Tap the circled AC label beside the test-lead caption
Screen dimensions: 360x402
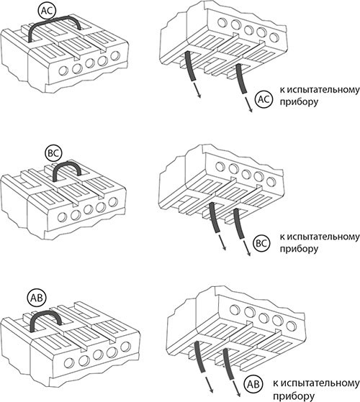(264, 99)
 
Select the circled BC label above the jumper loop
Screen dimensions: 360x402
(53, 153)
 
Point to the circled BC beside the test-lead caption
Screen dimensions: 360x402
(261, 243)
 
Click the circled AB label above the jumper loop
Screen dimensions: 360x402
(37, 298)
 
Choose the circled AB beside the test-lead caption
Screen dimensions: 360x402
(253, 384)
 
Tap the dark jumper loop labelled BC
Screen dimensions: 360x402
(67, 163)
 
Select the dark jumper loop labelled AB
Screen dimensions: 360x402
(45, 312)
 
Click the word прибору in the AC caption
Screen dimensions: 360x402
(299, 102)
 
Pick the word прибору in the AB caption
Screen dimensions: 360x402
(293, 396)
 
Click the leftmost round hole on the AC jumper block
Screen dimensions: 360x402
(63, 70)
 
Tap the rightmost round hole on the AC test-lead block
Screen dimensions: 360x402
(274, 37)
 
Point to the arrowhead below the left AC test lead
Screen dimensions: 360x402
(199, 96)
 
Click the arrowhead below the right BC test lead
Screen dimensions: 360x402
(248, 254)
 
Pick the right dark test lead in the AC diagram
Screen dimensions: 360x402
(241, 78)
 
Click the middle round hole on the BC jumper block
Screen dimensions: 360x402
(88, 209)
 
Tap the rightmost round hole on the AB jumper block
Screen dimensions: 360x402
(125, 347)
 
